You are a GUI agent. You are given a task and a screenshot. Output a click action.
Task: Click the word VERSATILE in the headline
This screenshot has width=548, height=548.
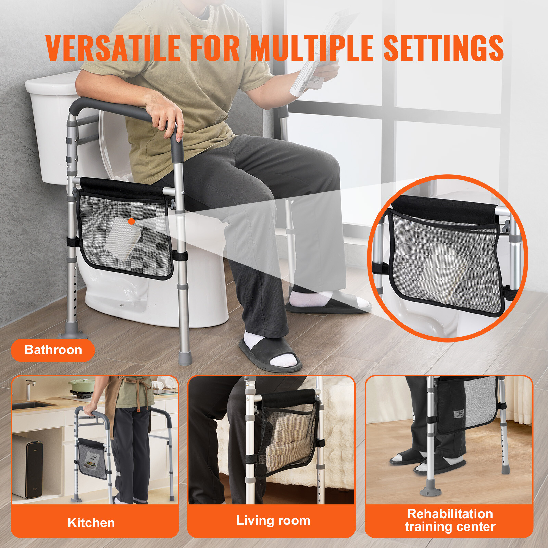pos(113,48)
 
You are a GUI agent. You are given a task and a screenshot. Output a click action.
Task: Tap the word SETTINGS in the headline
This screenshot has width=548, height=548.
pos(443,48)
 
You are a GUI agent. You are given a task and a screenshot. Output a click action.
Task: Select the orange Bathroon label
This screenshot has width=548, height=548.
pos(53,350)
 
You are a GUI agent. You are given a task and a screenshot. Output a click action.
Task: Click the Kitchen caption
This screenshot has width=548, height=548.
pos(91,523)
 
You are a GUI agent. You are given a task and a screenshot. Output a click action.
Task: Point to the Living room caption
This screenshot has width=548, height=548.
pos(273,520)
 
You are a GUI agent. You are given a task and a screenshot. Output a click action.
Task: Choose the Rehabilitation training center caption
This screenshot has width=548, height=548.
pos(450,520)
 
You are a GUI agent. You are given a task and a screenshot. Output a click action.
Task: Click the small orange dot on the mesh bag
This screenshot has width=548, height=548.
pos(131,221)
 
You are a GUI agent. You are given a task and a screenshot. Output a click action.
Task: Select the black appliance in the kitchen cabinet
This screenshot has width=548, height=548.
pos(34,469)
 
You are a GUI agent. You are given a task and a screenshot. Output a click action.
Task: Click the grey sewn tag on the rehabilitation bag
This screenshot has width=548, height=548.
pos(459,413)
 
